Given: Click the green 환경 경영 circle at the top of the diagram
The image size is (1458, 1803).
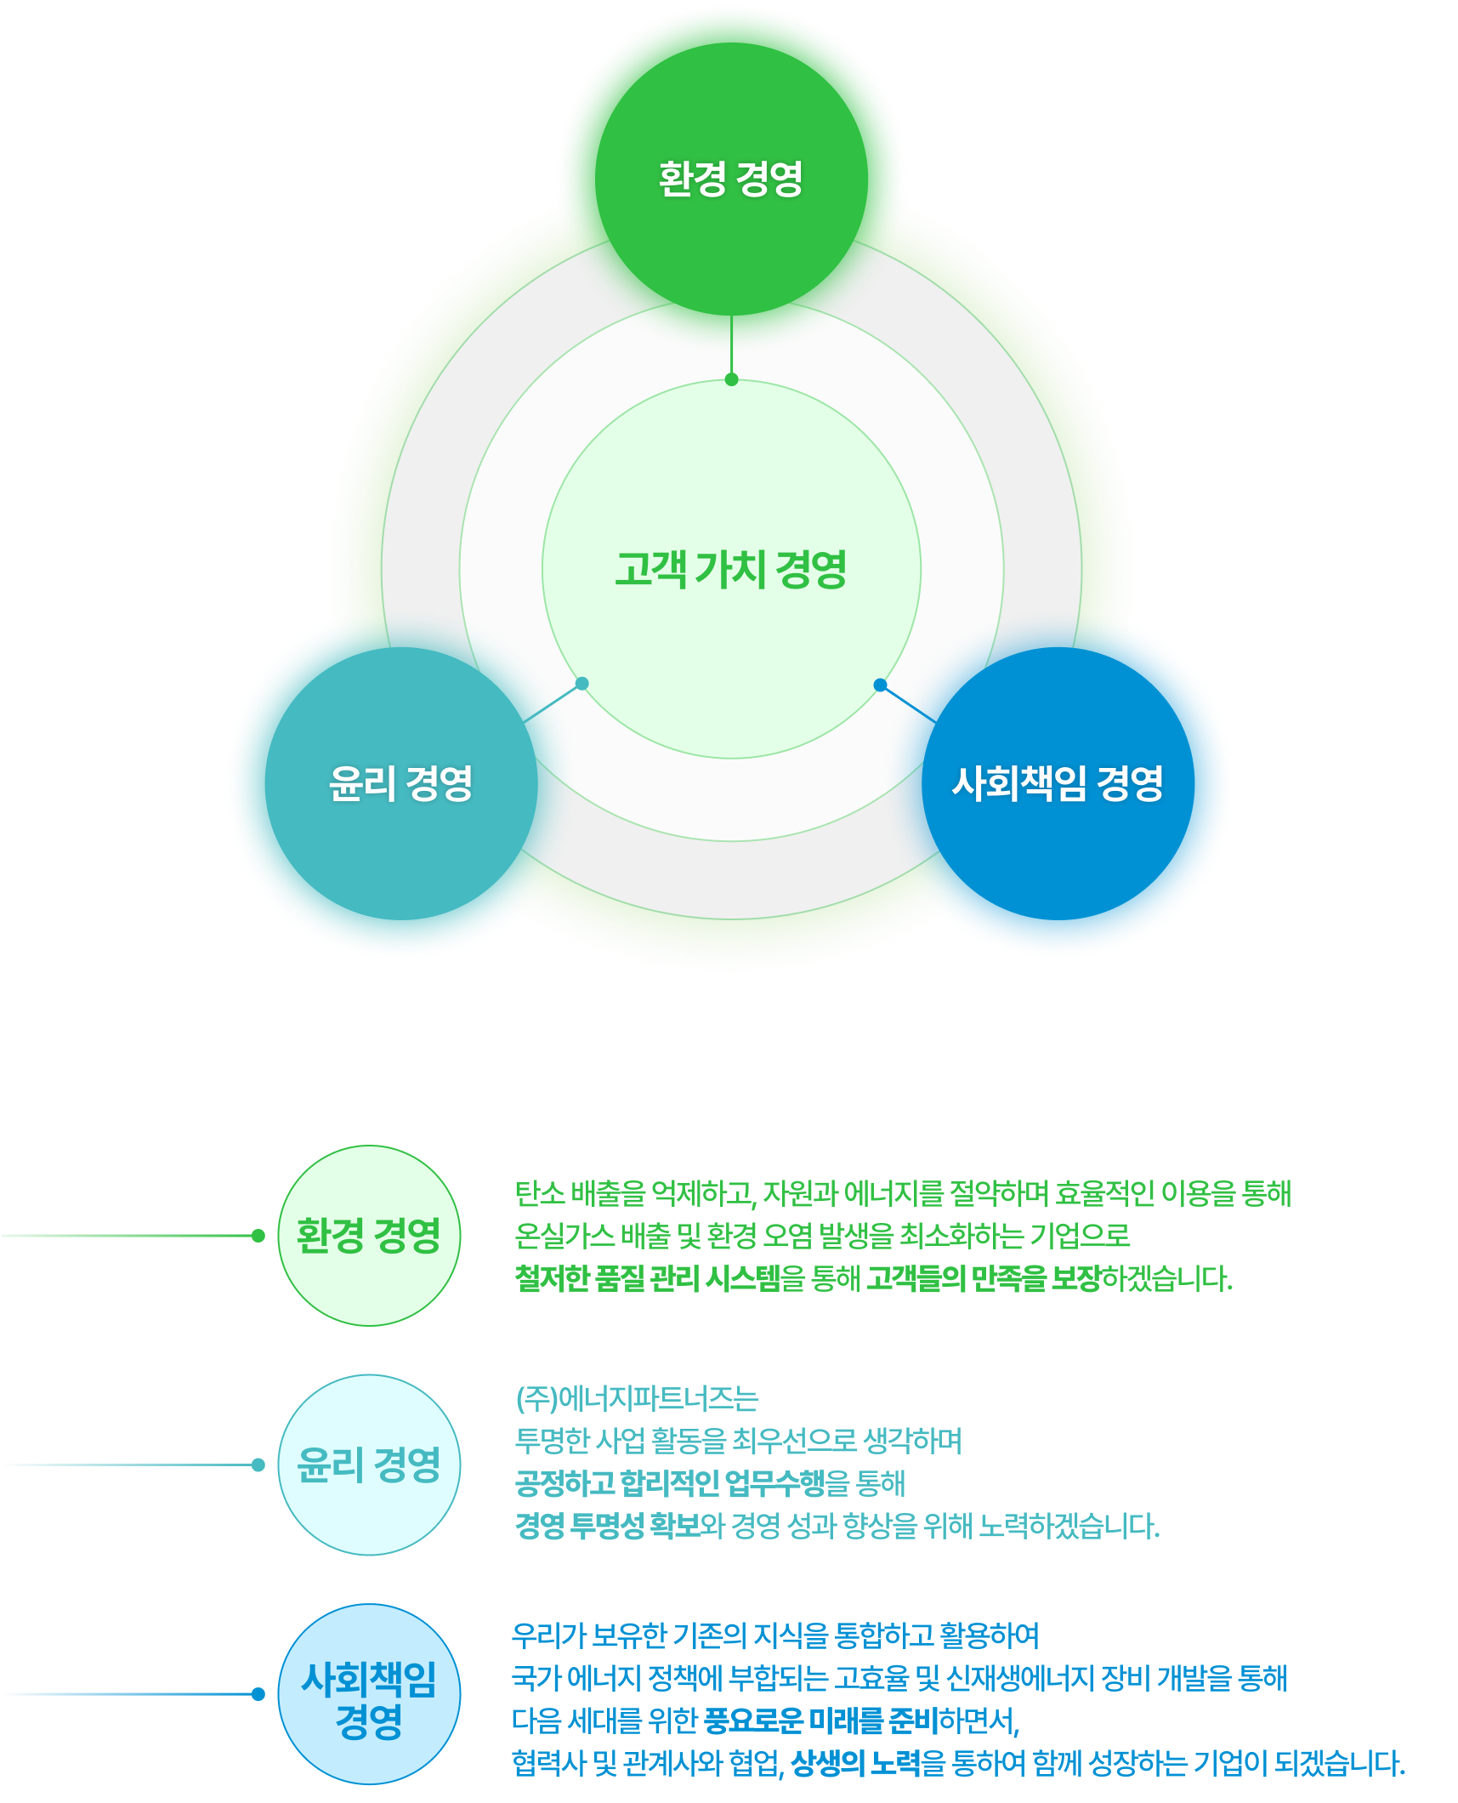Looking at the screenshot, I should click(x=731, y=179).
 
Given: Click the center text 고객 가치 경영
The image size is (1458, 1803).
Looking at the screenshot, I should click(x=731, y=569).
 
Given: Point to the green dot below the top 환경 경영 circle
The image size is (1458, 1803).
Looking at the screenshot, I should click(x=731, y=379).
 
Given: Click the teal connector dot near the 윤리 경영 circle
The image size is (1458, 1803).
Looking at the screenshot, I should click(x=581, y=684).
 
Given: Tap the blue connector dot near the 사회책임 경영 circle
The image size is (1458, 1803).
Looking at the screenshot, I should click(x=880, y=685).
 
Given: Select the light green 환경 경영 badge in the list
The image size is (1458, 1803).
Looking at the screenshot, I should click(x=368, y=1235).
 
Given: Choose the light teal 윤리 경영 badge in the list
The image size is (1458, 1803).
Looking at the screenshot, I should click(x=368, y=1465).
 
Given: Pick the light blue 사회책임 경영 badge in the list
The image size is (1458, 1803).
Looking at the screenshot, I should click(x=368, y=1694).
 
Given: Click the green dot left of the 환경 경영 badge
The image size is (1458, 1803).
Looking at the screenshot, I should click(x=258, y=1236).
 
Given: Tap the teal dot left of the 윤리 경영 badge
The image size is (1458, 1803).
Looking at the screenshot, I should click(x=258, y=1465).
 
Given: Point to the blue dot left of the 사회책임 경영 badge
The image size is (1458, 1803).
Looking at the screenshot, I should click(x=258, y=1694).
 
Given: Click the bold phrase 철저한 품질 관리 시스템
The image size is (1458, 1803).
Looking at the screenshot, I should click(x=648, y=1278).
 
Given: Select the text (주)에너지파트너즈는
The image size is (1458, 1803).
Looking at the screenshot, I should click(x=636, y=1398).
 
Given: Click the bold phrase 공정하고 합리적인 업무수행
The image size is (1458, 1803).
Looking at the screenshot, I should click(x=670, y=1483).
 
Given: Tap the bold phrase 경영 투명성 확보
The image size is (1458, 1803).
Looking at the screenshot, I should click(x=608, y=1526).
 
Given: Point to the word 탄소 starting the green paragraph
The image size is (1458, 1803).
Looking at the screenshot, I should click(x=539, y=1193).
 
